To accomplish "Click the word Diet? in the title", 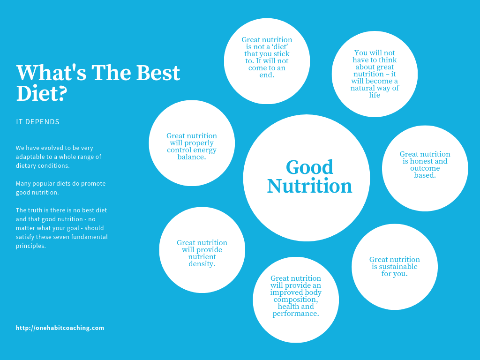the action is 42,93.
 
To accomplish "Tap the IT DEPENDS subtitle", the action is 37,122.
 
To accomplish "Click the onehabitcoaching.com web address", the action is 60,328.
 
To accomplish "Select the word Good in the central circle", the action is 309,167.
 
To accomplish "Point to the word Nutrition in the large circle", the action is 309,186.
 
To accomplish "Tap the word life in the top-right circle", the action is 375,95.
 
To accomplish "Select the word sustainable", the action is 397,267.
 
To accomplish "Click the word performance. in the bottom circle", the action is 296,314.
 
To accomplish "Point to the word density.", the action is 202,264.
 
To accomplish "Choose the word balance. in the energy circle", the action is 192,157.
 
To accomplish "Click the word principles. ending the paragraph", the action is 31,246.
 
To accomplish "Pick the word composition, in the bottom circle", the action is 296,300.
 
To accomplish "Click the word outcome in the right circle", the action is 425,168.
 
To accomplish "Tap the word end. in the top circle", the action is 267,75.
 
